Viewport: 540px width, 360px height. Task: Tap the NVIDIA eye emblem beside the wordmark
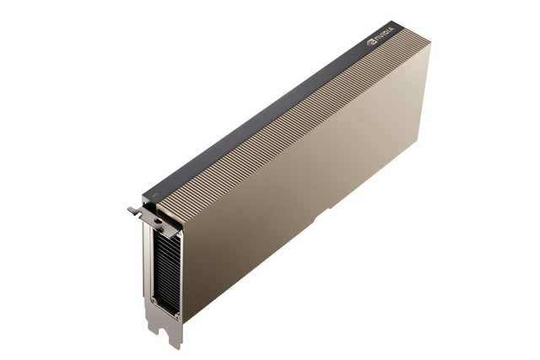click(370, 42)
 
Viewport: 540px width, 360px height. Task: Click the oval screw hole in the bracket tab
click(158, 220)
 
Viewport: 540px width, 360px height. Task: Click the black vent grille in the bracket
click(167, 268)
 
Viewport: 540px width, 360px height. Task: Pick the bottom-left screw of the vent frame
click(154, 300)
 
